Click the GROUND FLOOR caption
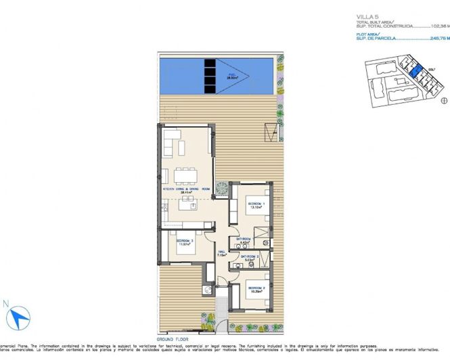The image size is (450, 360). pyautogui.click(x=171, y=337)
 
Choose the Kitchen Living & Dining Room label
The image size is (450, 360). pyautogui.click(x=186, y=190)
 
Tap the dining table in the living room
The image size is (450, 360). pyautogui.click(x=185, y=176)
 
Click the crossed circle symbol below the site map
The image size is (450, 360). pyautogui.click(x=445, y=101)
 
